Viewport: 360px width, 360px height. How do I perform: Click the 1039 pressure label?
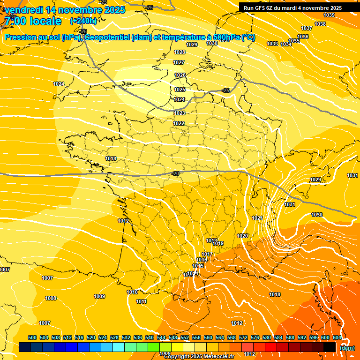coord(330,15)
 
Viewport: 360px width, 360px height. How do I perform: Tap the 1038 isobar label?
coord(320,24)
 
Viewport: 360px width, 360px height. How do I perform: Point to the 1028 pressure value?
coord(179,52)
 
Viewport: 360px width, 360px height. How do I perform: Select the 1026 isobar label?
coord(180,75)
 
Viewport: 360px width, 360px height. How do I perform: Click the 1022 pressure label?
coord(179,123)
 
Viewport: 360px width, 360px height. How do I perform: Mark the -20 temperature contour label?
coord(176,173)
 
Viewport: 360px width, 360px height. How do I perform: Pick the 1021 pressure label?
coord(257,218)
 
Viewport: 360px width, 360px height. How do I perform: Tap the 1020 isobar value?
coord(242,236)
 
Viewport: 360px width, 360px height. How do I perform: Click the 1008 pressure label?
coord(51,298)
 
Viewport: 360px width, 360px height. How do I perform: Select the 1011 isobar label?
coord(141,301)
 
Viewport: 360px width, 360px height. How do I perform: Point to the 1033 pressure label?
coord(272,44)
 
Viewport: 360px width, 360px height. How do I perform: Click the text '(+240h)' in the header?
coord(83,21)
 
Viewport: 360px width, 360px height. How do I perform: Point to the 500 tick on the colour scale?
coord(33,337)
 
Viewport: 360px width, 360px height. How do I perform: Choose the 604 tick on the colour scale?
coord(337,337)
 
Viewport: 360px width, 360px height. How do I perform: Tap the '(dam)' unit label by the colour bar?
coord(347,348)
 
